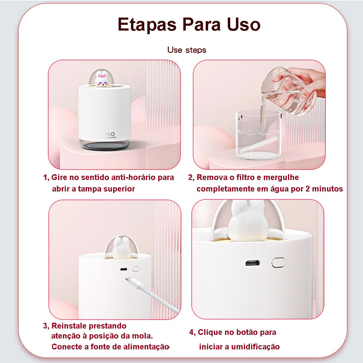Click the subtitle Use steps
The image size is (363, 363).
[187, 50]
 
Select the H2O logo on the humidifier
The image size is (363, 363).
[110, 134]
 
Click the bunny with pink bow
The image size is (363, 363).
[100, 79]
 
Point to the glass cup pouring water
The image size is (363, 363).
[287, 94]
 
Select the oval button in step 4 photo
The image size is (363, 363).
[278, 262]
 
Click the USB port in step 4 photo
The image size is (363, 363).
[253, 262]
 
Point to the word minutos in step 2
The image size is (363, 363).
[327, 189]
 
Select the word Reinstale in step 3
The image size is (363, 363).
[69, 326]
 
